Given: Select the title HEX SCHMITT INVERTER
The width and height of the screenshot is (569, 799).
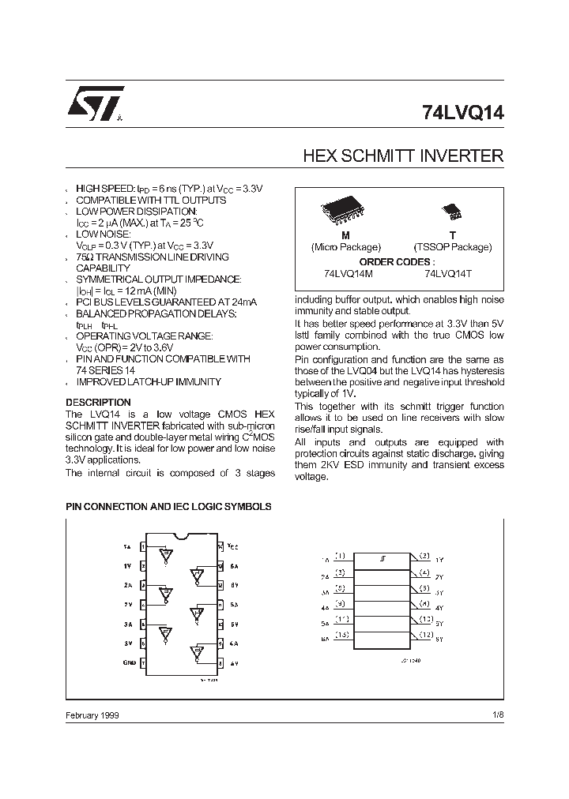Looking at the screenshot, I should click(403, 156).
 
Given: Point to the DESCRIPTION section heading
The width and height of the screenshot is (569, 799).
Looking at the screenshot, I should click(98, 402).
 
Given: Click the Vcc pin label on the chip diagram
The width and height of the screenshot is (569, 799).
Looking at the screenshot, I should click(232, 546).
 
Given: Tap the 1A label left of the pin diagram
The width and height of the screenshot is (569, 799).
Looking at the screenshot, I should click(127, 546).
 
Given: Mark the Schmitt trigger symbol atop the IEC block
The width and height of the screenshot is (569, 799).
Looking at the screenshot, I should click(382, 559).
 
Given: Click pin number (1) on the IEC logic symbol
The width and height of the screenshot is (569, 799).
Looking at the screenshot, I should click(340, 556).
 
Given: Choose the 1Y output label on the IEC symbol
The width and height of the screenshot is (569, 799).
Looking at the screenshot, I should click(439, 560).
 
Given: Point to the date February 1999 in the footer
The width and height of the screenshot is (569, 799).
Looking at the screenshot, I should click(92, 715).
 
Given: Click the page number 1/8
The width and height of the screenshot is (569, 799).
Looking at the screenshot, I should click(497, 715).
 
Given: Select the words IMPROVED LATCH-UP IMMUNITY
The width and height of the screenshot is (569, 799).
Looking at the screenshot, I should click(148, 382).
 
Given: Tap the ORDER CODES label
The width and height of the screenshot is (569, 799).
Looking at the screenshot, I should click(397, 261).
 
